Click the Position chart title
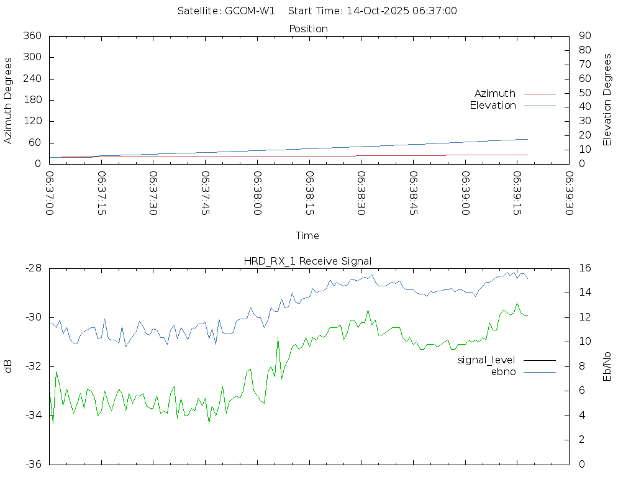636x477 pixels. [x=309, y=29]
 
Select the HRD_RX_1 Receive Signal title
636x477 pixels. [x=307, y=261]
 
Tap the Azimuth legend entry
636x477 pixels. [x=495, y=93]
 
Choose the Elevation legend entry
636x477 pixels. [x=493, y=106]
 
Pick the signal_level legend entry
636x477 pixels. [x=486, y=360]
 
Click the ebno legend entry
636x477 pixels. [x=504, y=371]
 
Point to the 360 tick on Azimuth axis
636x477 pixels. [x=32, y=36]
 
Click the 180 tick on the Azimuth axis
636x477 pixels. [x=32, y=100]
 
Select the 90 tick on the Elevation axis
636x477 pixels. [x=584, y=36]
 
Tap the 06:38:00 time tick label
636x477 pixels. [x=257, y=193]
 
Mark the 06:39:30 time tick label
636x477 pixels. [x=568, y=193]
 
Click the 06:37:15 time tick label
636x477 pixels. [x=101, y=193]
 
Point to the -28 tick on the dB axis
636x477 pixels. [x=33, y=268]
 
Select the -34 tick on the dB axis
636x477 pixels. [x=33, y=415]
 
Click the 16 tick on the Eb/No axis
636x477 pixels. [x=584, y=268]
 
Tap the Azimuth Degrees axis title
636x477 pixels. [x=8, y=100]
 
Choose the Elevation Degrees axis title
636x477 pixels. [x=607, y=100]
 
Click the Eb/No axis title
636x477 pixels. [x=607, y=366]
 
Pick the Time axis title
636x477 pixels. [x=307, y=235]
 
